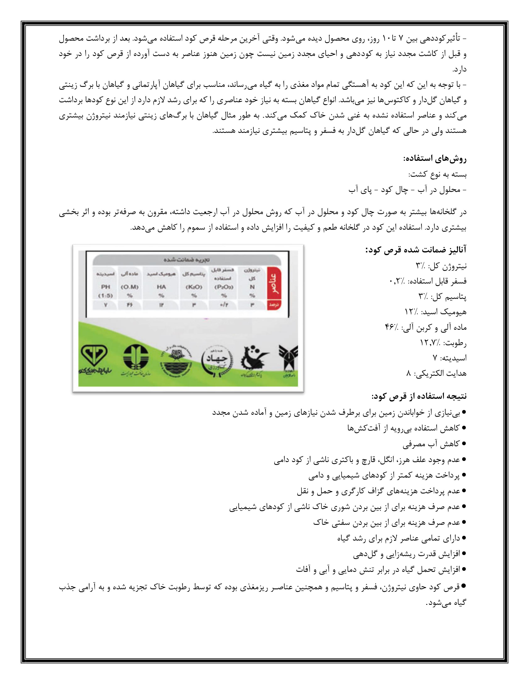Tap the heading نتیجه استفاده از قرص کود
click(419, 396)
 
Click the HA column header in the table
click(161, 287)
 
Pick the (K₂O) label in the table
click(194, 287)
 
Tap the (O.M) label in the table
click(129, 287)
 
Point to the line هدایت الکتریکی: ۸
click(436, 373)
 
